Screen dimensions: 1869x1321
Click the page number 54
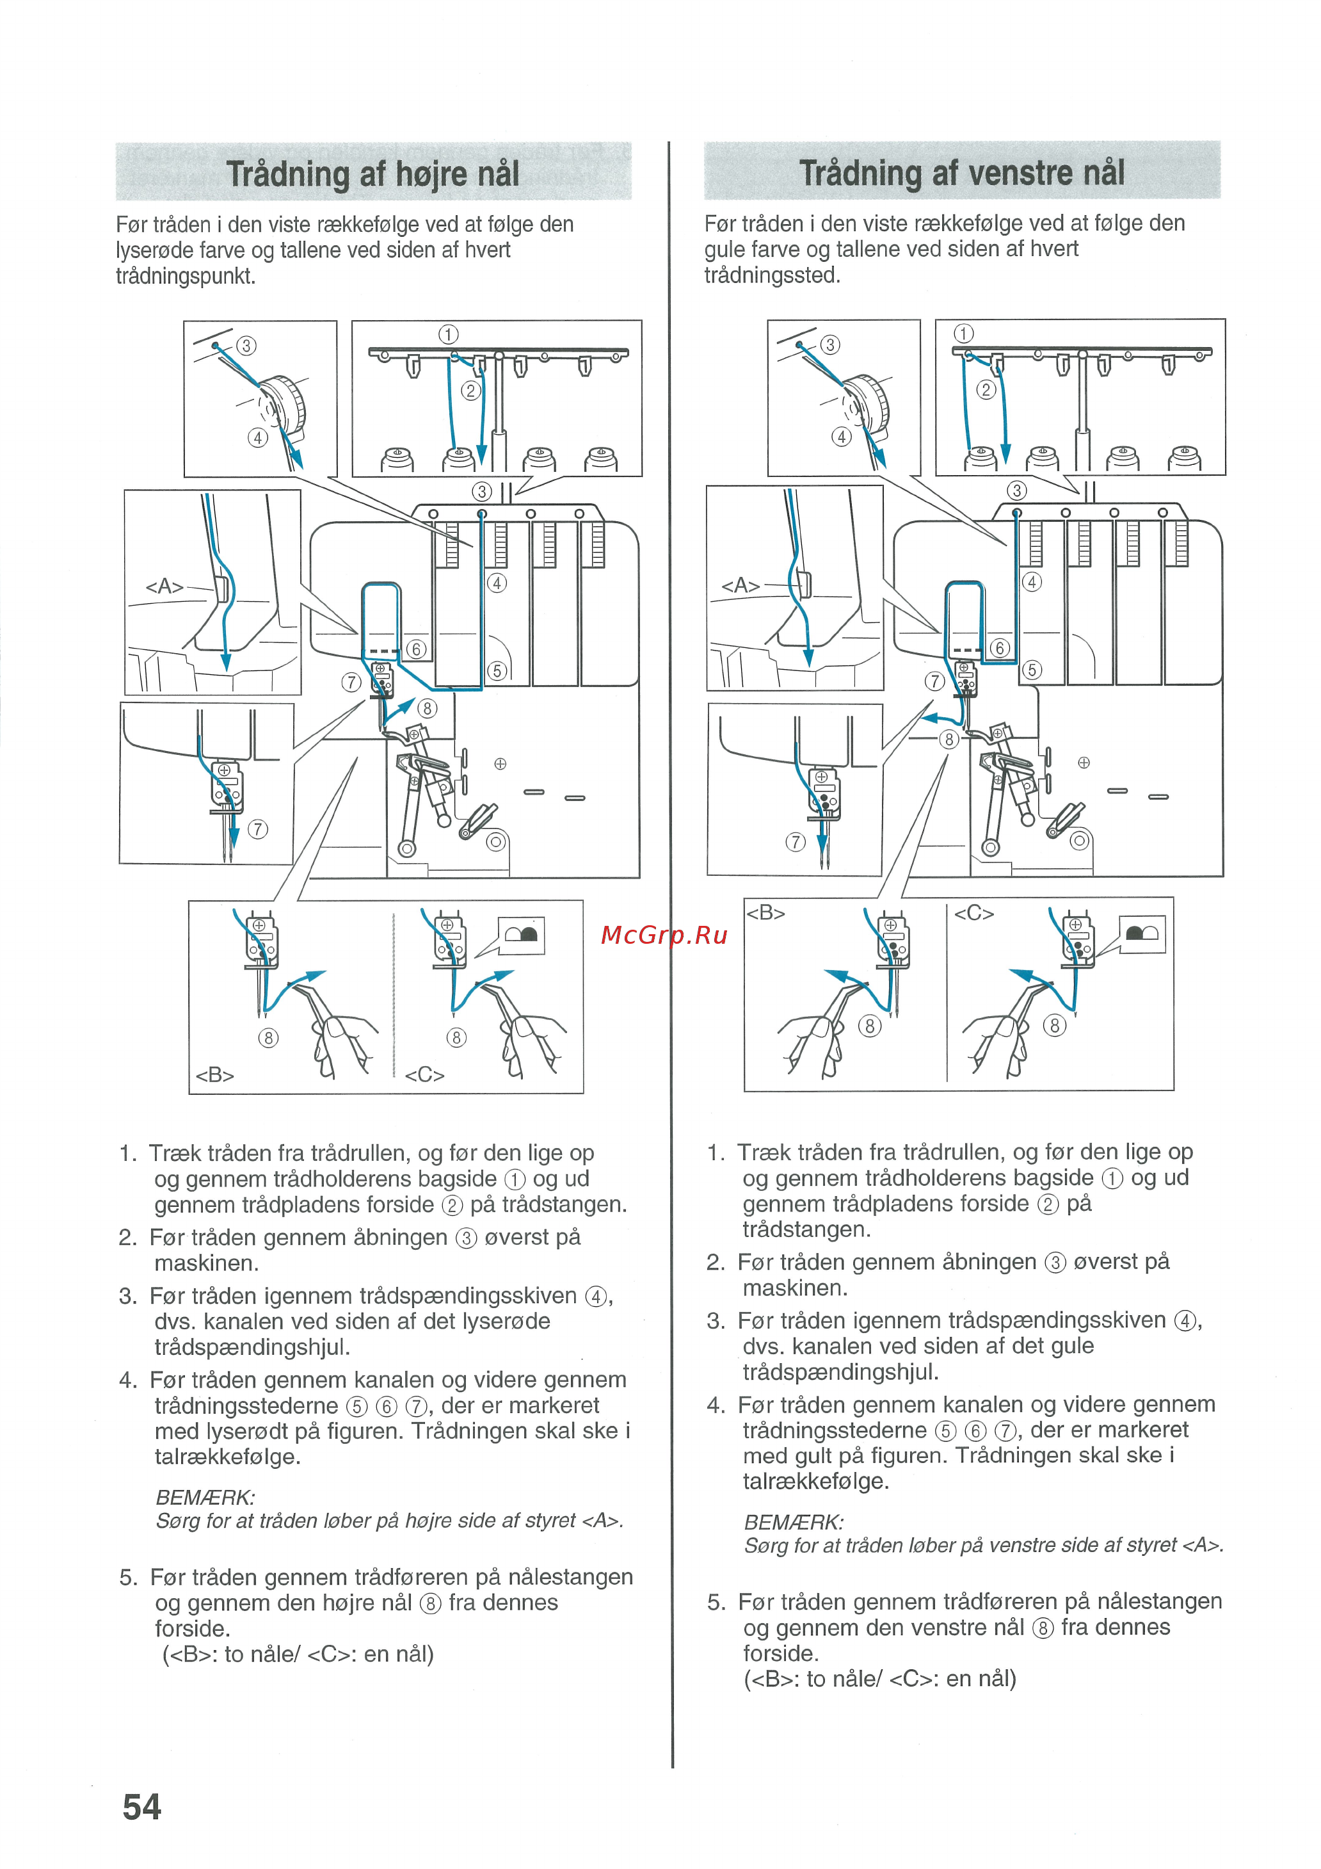tap(141, 1807)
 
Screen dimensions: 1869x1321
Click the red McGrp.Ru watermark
tap(663, 935)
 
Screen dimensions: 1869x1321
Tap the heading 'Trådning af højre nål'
tap(372, 174)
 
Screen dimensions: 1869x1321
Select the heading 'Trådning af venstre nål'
tap(961, 173)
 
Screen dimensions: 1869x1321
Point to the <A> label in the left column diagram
tap(164, 586)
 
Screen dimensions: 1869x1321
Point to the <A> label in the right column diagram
tap(740, 585)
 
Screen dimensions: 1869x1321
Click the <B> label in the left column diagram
tap(215, 1074)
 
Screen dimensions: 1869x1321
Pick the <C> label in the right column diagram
tap(973, 913)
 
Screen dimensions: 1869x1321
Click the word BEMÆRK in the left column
tap(205, 1498)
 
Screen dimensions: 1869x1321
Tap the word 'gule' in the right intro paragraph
tap(725, 249)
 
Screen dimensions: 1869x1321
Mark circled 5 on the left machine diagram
tap(497, 671)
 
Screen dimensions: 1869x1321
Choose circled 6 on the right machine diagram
tap(1000, 648)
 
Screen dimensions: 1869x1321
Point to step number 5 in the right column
tap(715, 1602)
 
